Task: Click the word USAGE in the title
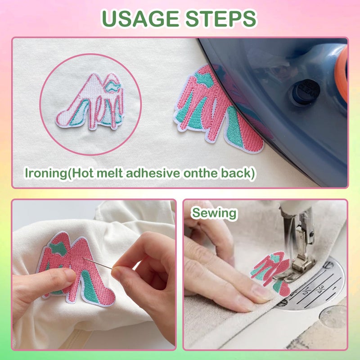pyautogui.click(x=140, y=18)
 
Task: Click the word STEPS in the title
pyautogui.click(x=221, y=18)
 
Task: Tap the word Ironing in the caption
pyautogui.click(x=46, y=173)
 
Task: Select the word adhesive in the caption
pyautogui.click(x=153, y=173)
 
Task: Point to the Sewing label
pyautogui.click(x=214, y=213)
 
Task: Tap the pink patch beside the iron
pyautogui.click(x=218, y=108)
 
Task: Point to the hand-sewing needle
pyautogui.click(x=98, y=263)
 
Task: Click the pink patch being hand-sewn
pyautogui.click(x=76, y=269)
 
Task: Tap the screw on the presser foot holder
pyautogui.click(x=311, y=234)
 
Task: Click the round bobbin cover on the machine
pyautogui.click(x=333, y=318)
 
